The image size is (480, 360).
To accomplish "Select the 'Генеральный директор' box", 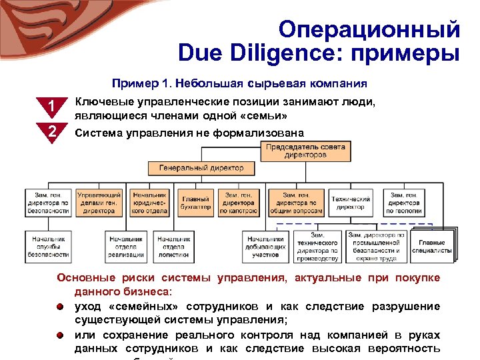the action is click(x=201, y=167).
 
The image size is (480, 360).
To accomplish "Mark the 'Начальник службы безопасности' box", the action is click(x=48, y=245).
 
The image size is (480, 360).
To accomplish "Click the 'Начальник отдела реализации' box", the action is click(x=126, y=245).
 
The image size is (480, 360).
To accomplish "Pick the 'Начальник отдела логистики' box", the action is click(x=174, y=245).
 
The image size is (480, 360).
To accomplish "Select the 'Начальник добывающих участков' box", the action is click(x=265, y=246).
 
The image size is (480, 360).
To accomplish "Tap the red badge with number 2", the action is click(x=51, y=131).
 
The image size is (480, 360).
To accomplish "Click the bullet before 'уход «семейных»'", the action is click(x=60, y=307).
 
